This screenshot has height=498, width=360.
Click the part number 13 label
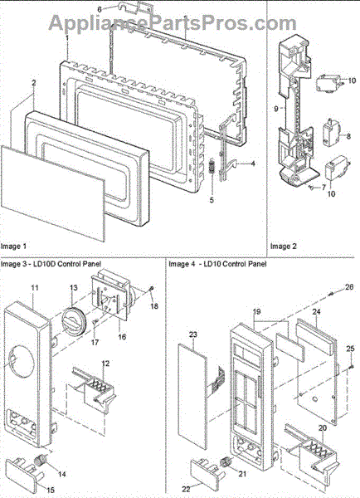[73, 288]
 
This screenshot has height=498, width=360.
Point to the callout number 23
[193, 334]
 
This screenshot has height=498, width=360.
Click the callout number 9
[276, 109]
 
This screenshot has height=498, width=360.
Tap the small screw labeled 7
[311, 188]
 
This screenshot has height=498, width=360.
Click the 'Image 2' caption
[283, 247]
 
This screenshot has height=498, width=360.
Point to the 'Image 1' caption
[13, 247]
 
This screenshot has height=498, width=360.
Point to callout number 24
[316, 312]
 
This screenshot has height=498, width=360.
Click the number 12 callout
[105, 363]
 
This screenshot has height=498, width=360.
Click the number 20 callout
[322, 428]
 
